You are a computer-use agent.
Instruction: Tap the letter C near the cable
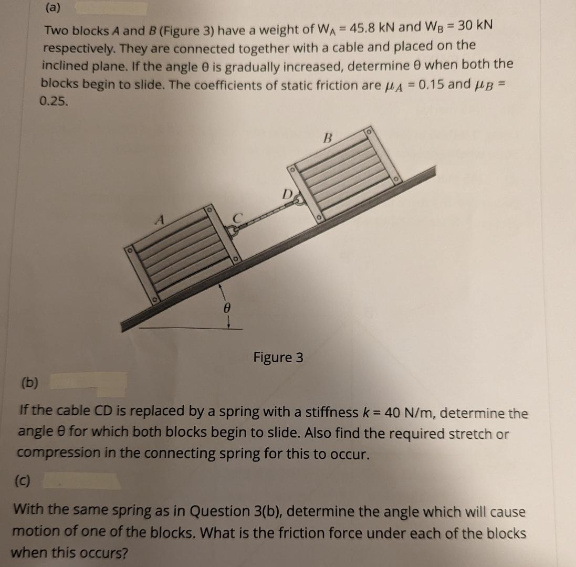[238, 217]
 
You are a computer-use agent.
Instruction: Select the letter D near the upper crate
[287, 194]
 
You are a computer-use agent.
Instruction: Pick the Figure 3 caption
[278, 358]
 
